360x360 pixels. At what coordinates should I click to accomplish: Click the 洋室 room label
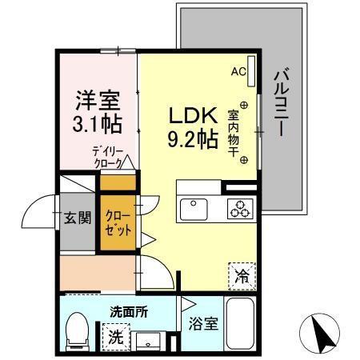pos(98,102)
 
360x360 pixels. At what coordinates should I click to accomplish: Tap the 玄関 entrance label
pos(78,217)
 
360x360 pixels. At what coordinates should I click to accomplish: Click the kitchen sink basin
pos(194,210)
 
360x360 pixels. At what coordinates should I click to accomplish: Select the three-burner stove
pos(238,210)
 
